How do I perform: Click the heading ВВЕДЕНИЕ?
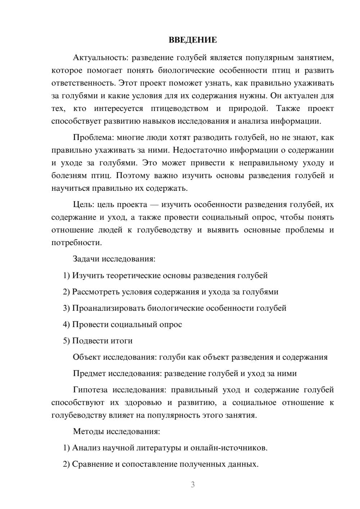pyautogui.click(x=193, y=40)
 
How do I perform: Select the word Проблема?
pyautogui.click(x=90, y=138)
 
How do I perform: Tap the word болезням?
pyautogui.click(x=69, y=176)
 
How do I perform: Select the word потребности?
pyautogui.click(x=76, y=243)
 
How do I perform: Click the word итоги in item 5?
pyautogui.click(x=122, y=341)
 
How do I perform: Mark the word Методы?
pyautogui.click(x=87, y=431)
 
